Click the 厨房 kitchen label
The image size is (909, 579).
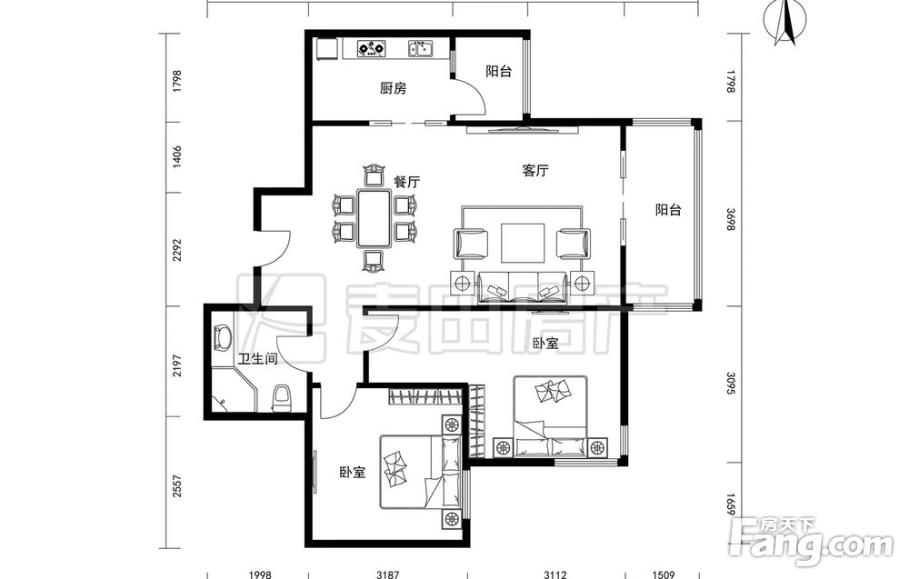click(x=393, y=89)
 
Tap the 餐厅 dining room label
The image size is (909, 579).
click(x=406, y=182)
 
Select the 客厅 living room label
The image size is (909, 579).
click(x=535, y=170)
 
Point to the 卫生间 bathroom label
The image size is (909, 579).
click(x=258, y=359)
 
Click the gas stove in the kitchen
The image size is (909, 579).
click(x=372, y=48)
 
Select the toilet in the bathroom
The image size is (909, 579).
click(x=283, y=397)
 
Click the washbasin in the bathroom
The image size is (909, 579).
click(x=222, y=337)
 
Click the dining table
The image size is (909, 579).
click(x=374, y=218)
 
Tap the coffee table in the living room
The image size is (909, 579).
click(x=523, y=243)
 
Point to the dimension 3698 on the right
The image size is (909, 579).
click(x=731, y=219)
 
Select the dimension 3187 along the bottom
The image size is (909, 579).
click(x=387, y=574)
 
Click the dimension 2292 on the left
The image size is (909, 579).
click(x=177, y=250)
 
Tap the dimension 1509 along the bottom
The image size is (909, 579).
click(x=664, y=574)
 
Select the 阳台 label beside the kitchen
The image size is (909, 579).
click(x=498, y=71)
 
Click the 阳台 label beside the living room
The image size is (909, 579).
click(x=668, y=210)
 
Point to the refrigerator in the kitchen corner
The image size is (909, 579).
click(x=327, y=49)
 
